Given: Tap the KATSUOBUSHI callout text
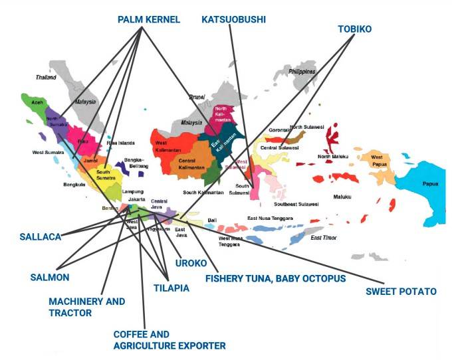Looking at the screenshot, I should tap(233, 20).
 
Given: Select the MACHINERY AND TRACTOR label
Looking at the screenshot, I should tap(86, 307).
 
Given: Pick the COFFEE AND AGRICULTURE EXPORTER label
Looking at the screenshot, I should tap(169, 339).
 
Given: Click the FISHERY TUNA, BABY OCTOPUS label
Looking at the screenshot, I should tap(275, 278).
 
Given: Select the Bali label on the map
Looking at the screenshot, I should tap(213, 220).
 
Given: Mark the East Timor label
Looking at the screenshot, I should tap(325, 238).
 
